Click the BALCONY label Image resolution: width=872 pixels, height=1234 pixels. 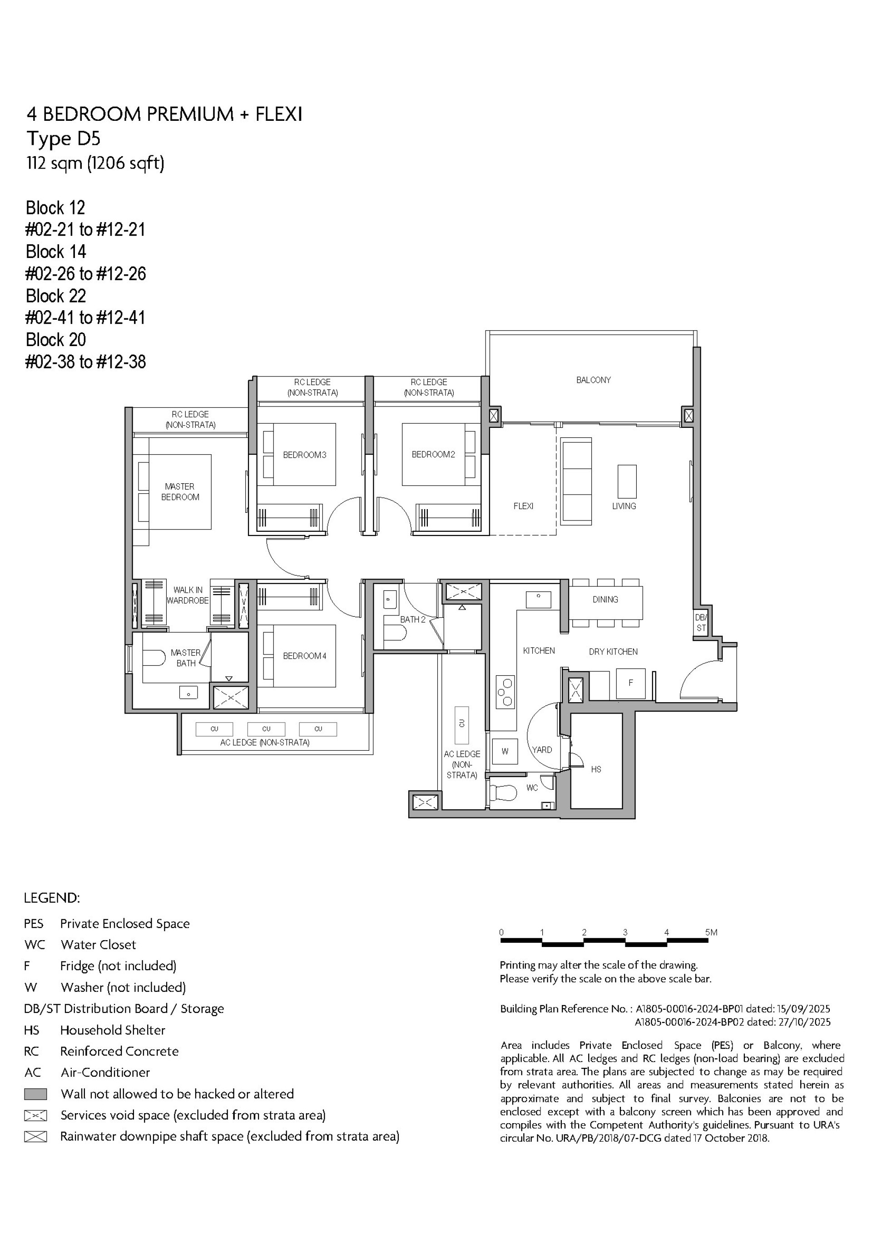tap(594, 380)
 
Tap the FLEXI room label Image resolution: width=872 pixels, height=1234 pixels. tap(523, 506)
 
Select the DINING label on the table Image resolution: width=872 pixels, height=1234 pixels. tap(605, 599)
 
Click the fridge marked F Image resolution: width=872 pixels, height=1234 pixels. tap(631, 683)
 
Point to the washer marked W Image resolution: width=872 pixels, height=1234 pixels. tap(505, 751)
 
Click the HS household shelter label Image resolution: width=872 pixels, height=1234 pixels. tap(596, 769)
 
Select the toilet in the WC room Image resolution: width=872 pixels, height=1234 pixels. tap(503, 792)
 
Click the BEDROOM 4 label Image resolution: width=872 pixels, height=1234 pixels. tap(305, 656)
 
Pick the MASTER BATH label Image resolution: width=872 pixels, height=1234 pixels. tap(185, 658)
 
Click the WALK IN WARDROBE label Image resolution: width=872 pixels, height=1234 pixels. tap(188, 595)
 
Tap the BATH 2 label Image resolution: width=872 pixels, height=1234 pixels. tap(412, 619)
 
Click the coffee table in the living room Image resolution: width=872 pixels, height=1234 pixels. tap(627, 481)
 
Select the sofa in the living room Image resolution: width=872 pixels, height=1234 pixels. tap(576, 481)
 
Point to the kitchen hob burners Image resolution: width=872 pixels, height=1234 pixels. tap(505, 691)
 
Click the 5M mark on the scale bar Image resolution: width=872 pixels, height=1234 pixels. tap(711, 932)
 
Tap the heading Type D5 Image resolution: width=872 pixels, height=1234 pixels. tap(64, 139)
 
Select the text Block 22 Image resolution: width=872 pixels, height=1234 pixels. tap(56, 296)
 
